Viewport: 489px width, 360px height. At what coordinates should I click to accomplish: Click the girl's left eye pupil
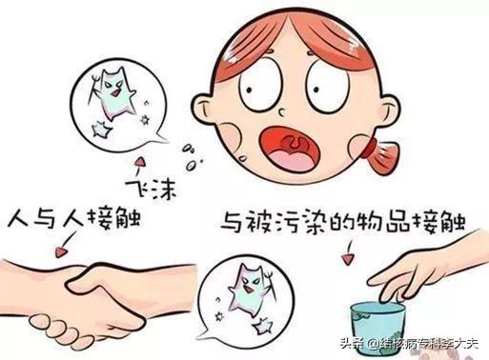point(249,90)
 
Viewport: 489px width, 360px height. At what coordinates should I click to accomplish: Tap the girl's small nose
point(282,111)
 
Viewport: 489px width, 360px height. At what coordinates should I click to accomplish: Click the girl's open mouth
point(288,149)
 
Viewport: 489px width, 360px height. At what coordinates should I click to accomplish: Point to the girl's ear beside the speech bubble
point(203,109)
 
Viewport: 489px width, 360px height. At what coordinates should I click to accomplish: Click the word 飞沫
point(151,190)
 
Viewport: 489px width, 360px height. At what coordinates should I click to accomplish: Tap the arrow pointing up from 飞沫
point(138,168)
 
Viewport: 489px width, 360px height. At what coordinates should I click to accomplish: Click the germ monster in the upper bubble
point(114,93)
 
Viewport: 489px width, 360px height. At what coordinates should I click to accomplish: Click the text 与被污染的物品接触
point(343,220)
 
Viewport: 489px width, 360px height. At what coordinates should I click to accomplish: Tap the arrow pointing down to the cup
point(349,252)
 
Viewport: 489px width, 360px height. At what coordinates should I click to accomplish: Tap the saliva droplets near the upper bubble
point(192,157)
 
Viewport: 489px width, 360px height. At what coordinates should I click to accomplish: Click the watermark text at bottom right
point(409,344)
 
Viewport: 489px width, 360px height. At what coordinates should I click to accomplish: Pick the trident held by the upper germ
point(92,88)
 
